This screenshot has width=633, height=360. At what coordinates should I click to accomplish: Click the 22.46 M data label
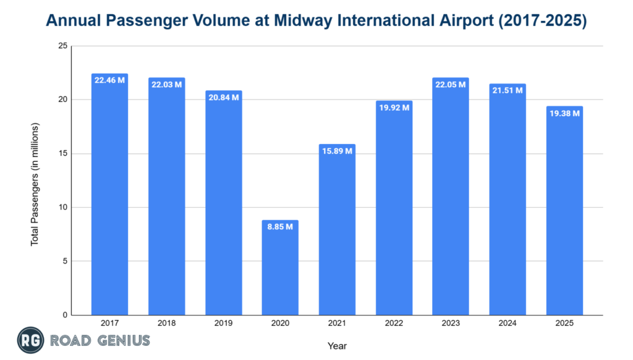109,80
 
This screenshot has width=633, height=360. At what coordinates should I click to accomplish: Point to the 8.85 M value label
280,226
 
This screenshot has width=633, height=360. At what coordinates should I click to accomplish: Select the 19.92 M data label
394,107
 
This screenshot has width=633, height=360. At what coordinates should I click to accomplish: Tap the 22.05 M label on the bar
451,84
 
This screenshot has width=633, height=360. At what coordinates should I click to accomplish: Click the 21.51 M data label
508,90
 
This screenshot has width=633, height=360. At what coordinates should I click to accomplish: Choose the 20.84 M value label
223,97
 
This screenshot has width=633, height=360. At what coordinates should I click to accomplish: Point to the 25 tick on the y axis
63,46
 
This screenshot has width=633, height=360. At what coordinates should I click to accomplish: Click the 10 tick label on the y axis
63,207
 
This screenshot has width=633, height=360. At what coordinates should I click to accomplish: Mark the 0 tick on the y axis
65,315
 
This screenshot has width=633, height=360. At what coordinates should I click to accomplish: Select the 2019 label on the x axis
223,324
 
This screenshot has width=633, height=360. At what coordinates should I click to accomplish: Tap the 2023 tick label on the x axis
451,324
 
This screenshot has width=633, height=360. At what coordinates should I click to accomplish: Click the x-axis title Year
338,346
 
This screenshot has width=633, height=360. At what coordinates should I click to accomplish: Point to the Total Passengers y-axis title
35,184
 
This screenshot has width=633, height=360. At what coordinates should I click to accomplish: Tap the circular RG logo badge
29,341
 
